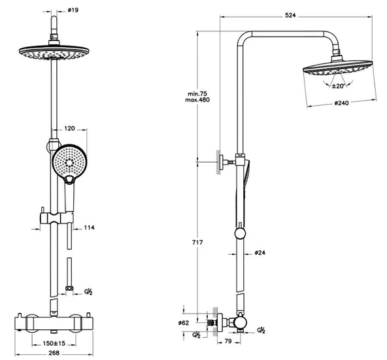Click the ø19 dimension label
[73, 10]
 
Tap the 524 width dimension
[290, 15]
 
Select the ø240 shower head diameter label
[342, 103]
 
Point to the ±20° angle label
[338, 86]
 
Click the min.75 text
[197, 94]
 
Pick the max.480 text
[197, 100]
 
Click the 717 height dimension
[197, 242]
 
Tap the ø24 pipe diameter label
[260, 253]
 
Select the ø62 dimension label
[184, 323]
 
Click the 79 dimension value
[228, 341]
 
